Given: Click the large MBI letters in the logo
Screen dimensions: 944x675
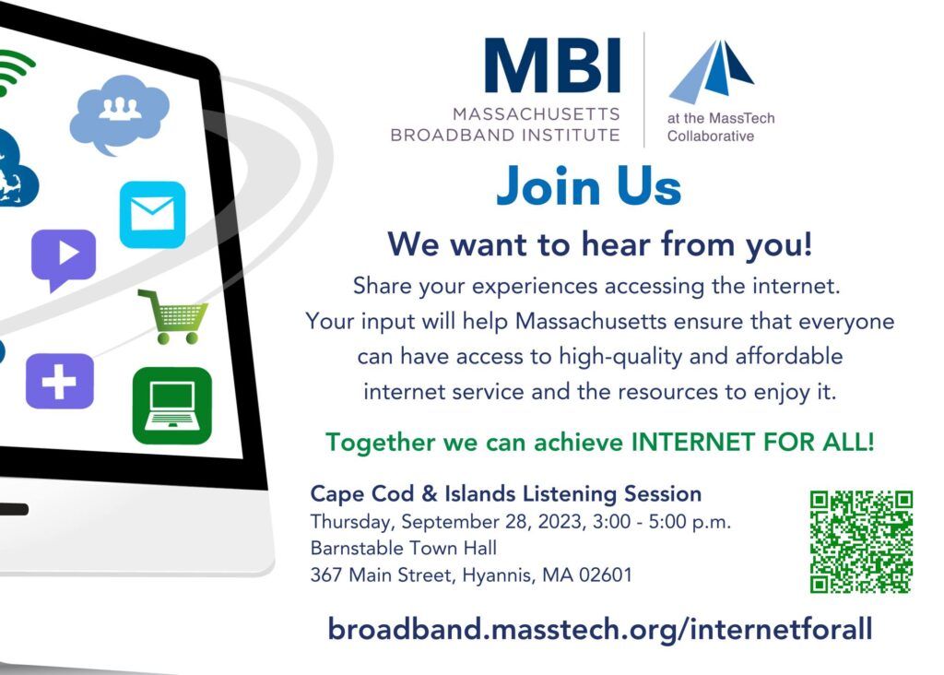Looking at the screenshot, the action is pyautogui.click(x=552, y=65).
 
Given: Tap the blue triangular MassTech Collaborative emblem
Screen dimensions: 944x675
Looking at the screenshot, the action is pyautogui.click(x=711, y=71).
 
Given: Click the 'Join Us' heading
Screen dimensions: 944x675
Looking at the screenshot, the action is pyautogui.click(x=589, y=186).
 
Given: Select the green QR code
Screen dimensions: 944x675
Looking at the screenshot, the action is pyautogui.click(x=861, y=542).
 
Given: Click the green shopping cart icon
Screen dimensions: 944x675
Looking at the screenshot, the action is pyautogui.click(x=173, y=316).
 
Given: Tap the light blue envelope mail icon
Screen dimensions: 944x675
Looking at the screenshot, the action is pyautogui.click(x=152, y=215).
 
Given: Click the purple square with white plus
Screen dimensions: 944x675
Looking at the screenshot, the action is pyautogui.click(x=60, y=381).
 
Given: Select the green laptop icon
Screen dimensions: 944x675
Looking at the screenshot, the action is pyautogui.click(x=172, y=406).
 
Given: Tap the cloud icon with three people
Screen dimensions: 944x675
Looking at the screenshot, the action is pyautogui.click(x=119, y=113).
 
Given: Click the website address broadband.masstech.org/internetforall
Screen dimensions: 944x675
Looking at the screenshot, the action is pyautogui.click(x=600, y=630).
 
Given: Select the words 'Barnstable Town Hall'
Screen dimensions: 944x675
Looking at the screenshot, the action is pyautogui.click(x=404, y=548).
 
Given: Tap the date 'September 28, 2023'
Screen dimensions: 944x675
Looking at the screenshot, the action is pyautogui.click(x=493, y=521).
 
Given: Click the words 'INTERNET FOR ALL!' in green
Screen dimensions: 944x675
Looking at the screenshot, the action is pyautogui.click(x=752, y=443).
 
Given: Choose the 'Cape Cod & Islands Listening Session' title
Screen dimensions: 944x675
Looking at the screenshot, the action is pyautogui.click(x=506, y=493).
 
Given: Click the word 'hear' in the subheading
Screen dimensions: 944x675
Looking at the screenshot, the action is pyautogui.click(x=616, y=244).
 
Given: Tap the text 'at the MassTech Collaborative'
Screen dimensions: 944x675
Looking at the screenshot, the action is pyautogui.click(x=721, y=127).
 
